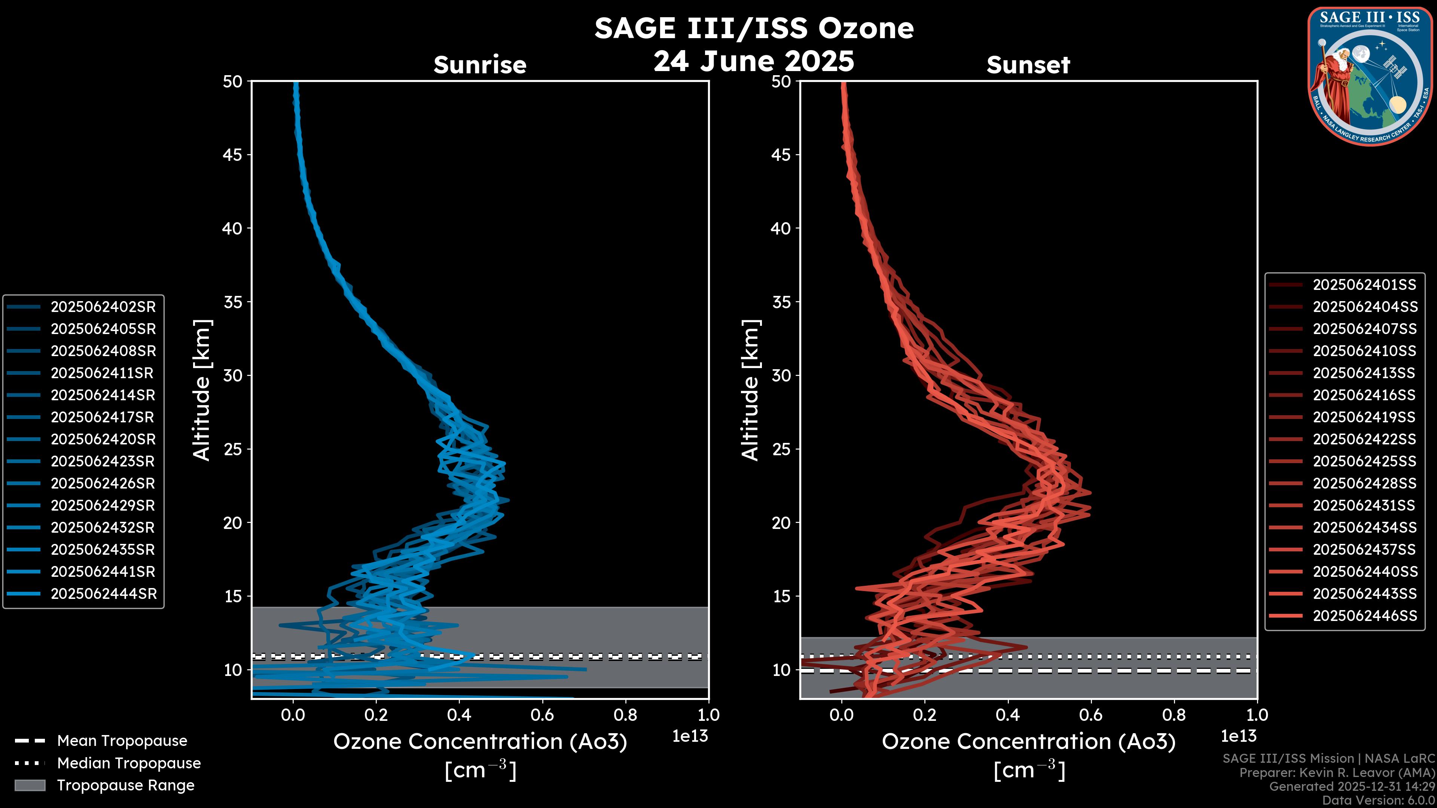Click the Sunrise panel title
(x=480, y=65)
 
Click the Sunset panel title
(x=1028, y=65)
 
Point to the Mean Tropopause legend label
(x=122, y=741)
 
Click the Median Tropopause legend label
(x=129, y=763)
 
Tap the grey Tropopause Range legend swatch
(x=30, y=786)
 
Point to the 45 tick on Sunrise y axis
(x=233, y=155)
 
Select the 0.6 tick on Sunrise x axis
(x=542, y=715)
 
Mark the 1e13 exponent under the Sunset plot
(x=1238, y=736)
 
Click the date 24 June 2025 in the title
(x=754, y=61)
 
